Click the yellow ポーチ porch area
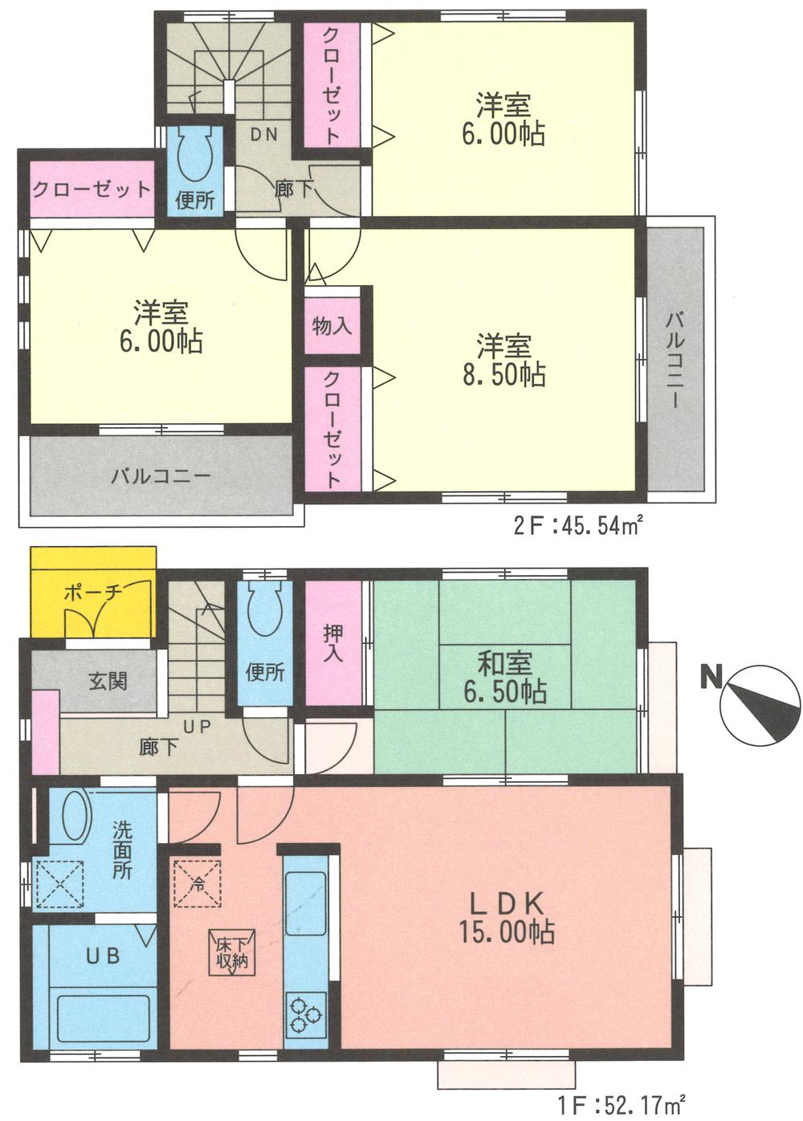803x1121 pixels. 92,593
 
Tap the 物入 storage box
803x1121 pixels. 332,326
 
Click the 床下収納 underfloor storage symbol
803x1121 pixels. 231,951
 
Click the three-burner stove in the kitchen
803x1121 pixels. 305,1013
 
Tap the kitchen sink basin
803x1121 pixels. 305,893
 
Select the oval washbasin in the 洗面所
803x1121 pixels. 76,817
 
